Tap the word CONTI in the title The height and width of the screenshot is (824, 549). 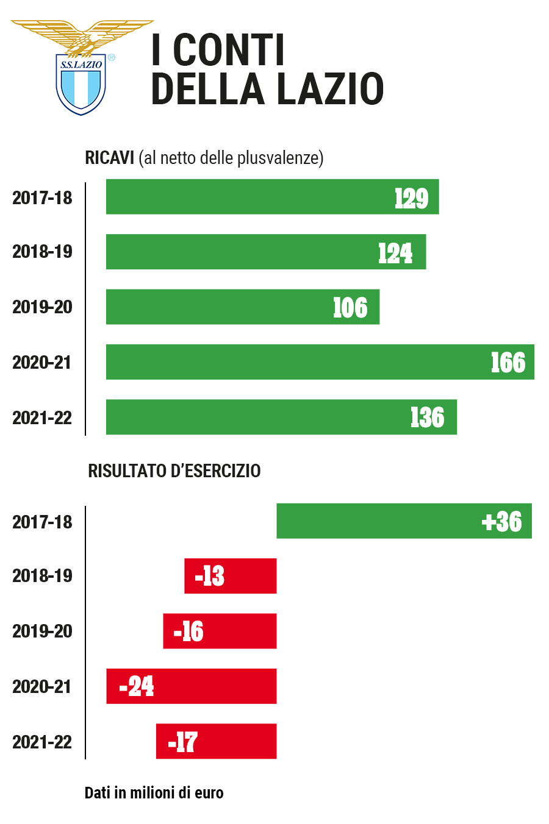tap(229, 50)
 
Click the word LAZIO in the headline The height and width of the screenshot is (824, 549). tap(331, 89)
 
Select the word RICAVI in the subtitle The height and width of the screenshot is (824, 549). tap(109, 158)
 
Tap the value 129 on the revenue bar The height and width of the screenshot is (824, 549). tap(411, 198)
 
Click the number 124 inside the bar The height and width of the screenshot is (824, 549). tap(395, 253)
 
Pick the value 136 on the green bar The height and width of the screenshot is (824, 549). tap(427, 418)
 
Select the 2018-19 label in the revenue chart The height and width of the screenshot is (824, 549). tap(42, 252)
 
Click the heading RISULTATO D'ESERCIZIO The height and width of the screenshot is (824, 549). tap(174, 471)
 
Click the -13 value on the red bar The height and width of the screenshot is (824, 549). tap(210, 577)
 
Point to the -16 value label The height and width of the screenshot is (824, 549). tap(188, 632)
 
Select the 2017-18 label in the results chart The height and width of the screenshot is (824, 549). tap(42, 522)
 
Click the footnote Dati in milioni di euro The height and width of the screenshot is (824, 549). tap(154, 793)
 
